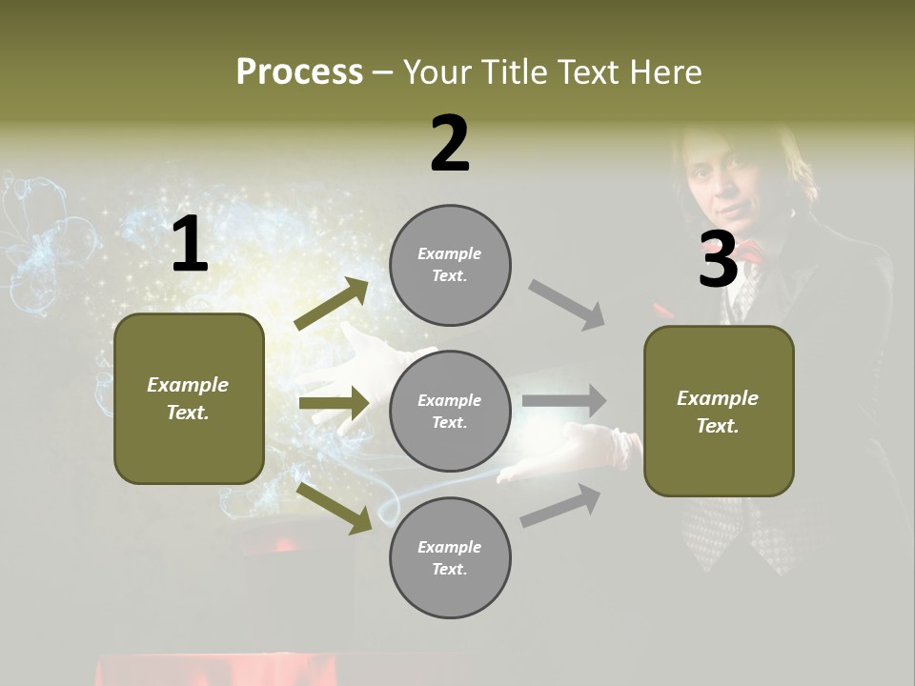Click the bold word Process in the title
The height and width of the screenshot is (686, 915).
pyautogui.click(x=299, y=71)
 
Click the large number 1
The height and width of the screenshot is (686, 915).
pyautogui.click(x=190, y=245)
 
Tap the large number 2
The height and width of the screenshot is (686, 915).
pyautogui.click(x=450, y=144)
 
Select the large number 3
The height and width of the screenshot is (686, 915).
pyautogui.click(x=718, y=259)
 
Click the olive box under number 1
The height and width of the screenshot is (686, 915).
pyautogui.click(x=189, y=398)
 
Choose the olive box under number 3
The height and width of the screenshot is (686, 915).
pyautogui.click(x=719, y=411)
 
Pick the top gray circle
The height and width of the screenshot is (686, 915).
pyautogui.click(x=450, y=265)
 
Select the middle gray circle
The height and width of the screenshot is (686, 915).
pyautogui.click(x=450, y=411)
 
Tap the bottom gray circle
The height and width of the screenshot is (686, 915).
pyautogui.click(x=450, y=557)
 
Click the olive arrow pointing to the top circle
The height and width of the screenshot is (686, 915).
pyautogui.click(x=332, y=304)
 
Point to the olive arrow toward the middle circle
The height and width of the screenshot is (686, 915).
pyautogui.click(x=334, y=403)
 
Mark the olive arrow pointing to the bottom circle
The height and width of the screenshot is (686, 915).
pyautogui.click(x=334, y=508)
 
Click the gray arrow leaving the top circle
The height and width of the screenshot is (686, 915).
pyautogui.click(x=567, y=305)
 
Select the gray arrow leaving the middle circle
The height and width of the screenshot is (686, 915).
pyautogui.click(x=564, y=400)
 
